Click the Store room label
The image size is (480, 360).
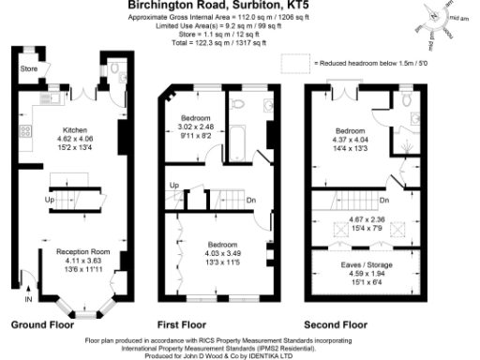[x=30, y=68]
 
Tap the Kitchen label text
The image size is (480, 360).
[x=75, y=130]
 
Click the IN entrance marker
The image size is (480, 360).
[x=27, y=299]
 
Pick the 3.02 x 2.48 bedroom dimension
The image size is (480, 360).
[x=197, y=126]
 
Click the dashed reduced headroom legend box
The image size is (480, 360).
[x=296, y=63]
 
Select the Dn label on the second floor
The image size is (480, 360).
[x=385, y=200]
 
